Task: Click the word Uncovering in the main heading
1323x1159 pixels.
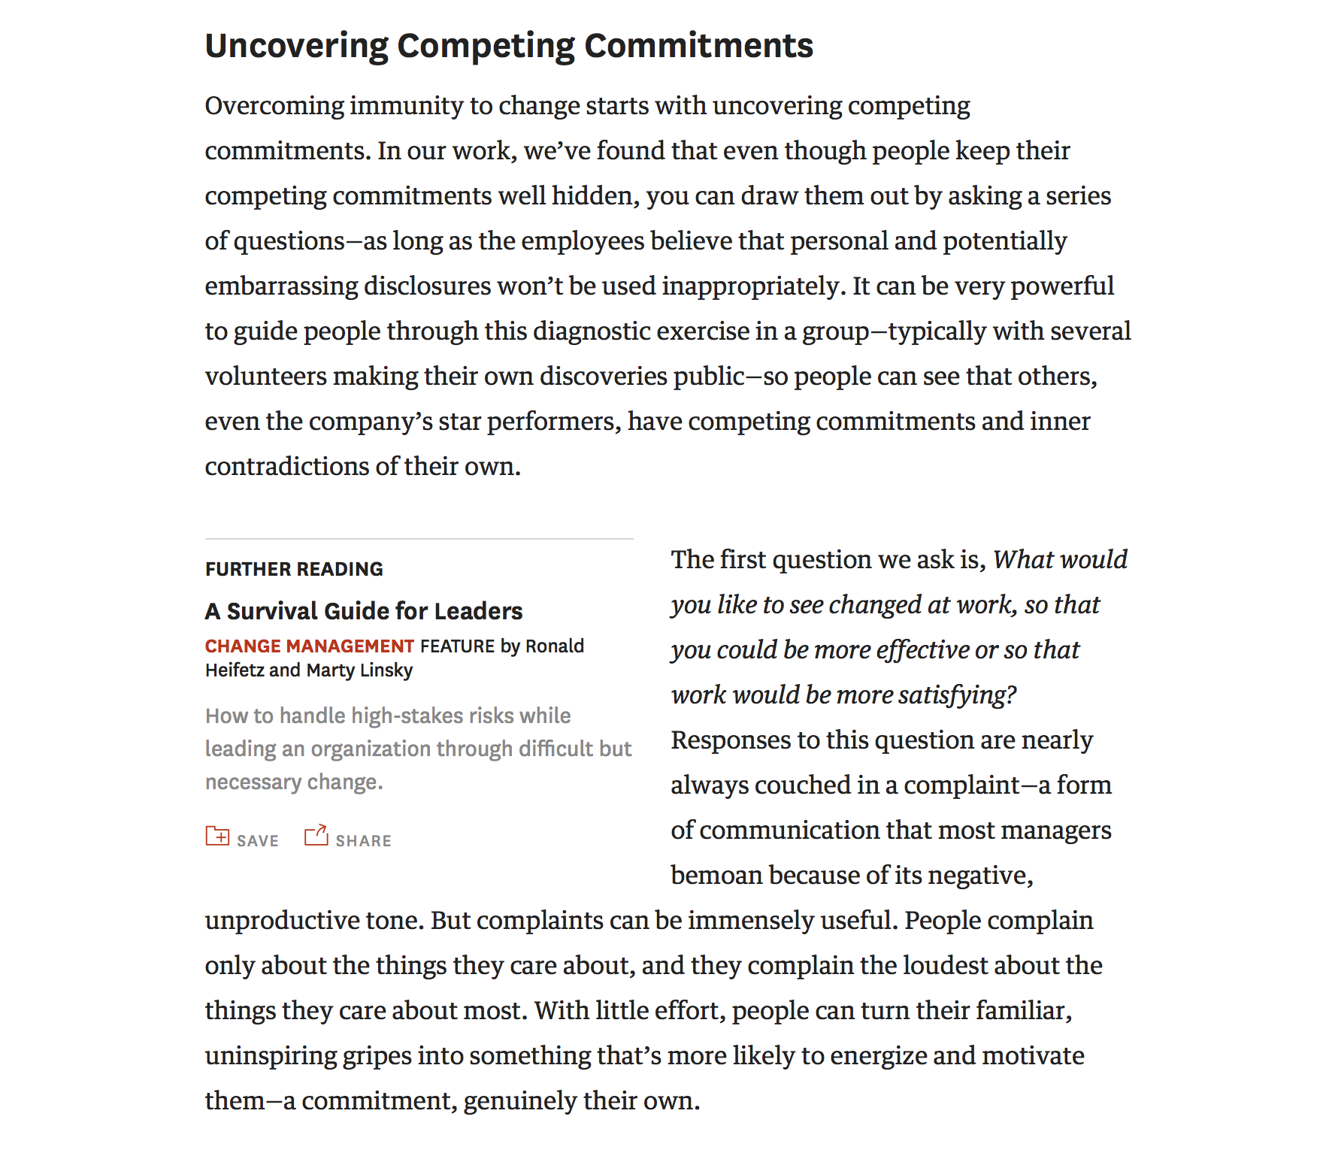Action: point(297,46)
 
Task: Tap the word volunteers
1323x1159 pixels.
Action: point(265,377)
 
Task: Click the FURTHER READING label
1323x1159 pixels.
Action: point(294,569)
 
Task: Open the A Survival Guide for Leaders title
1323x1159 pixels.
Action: point(364,611)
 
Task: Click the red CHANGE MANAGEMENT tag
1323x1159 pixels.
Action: point(309,646)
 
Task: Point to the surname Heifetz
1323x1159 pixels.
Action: point(235,670)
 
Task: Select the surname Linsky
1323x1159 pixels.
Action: point(386,670)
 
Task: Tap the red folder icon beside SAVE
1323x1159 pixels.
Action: point(217,836)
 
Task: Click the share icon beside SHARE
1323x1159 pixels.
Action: point(316,836)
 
